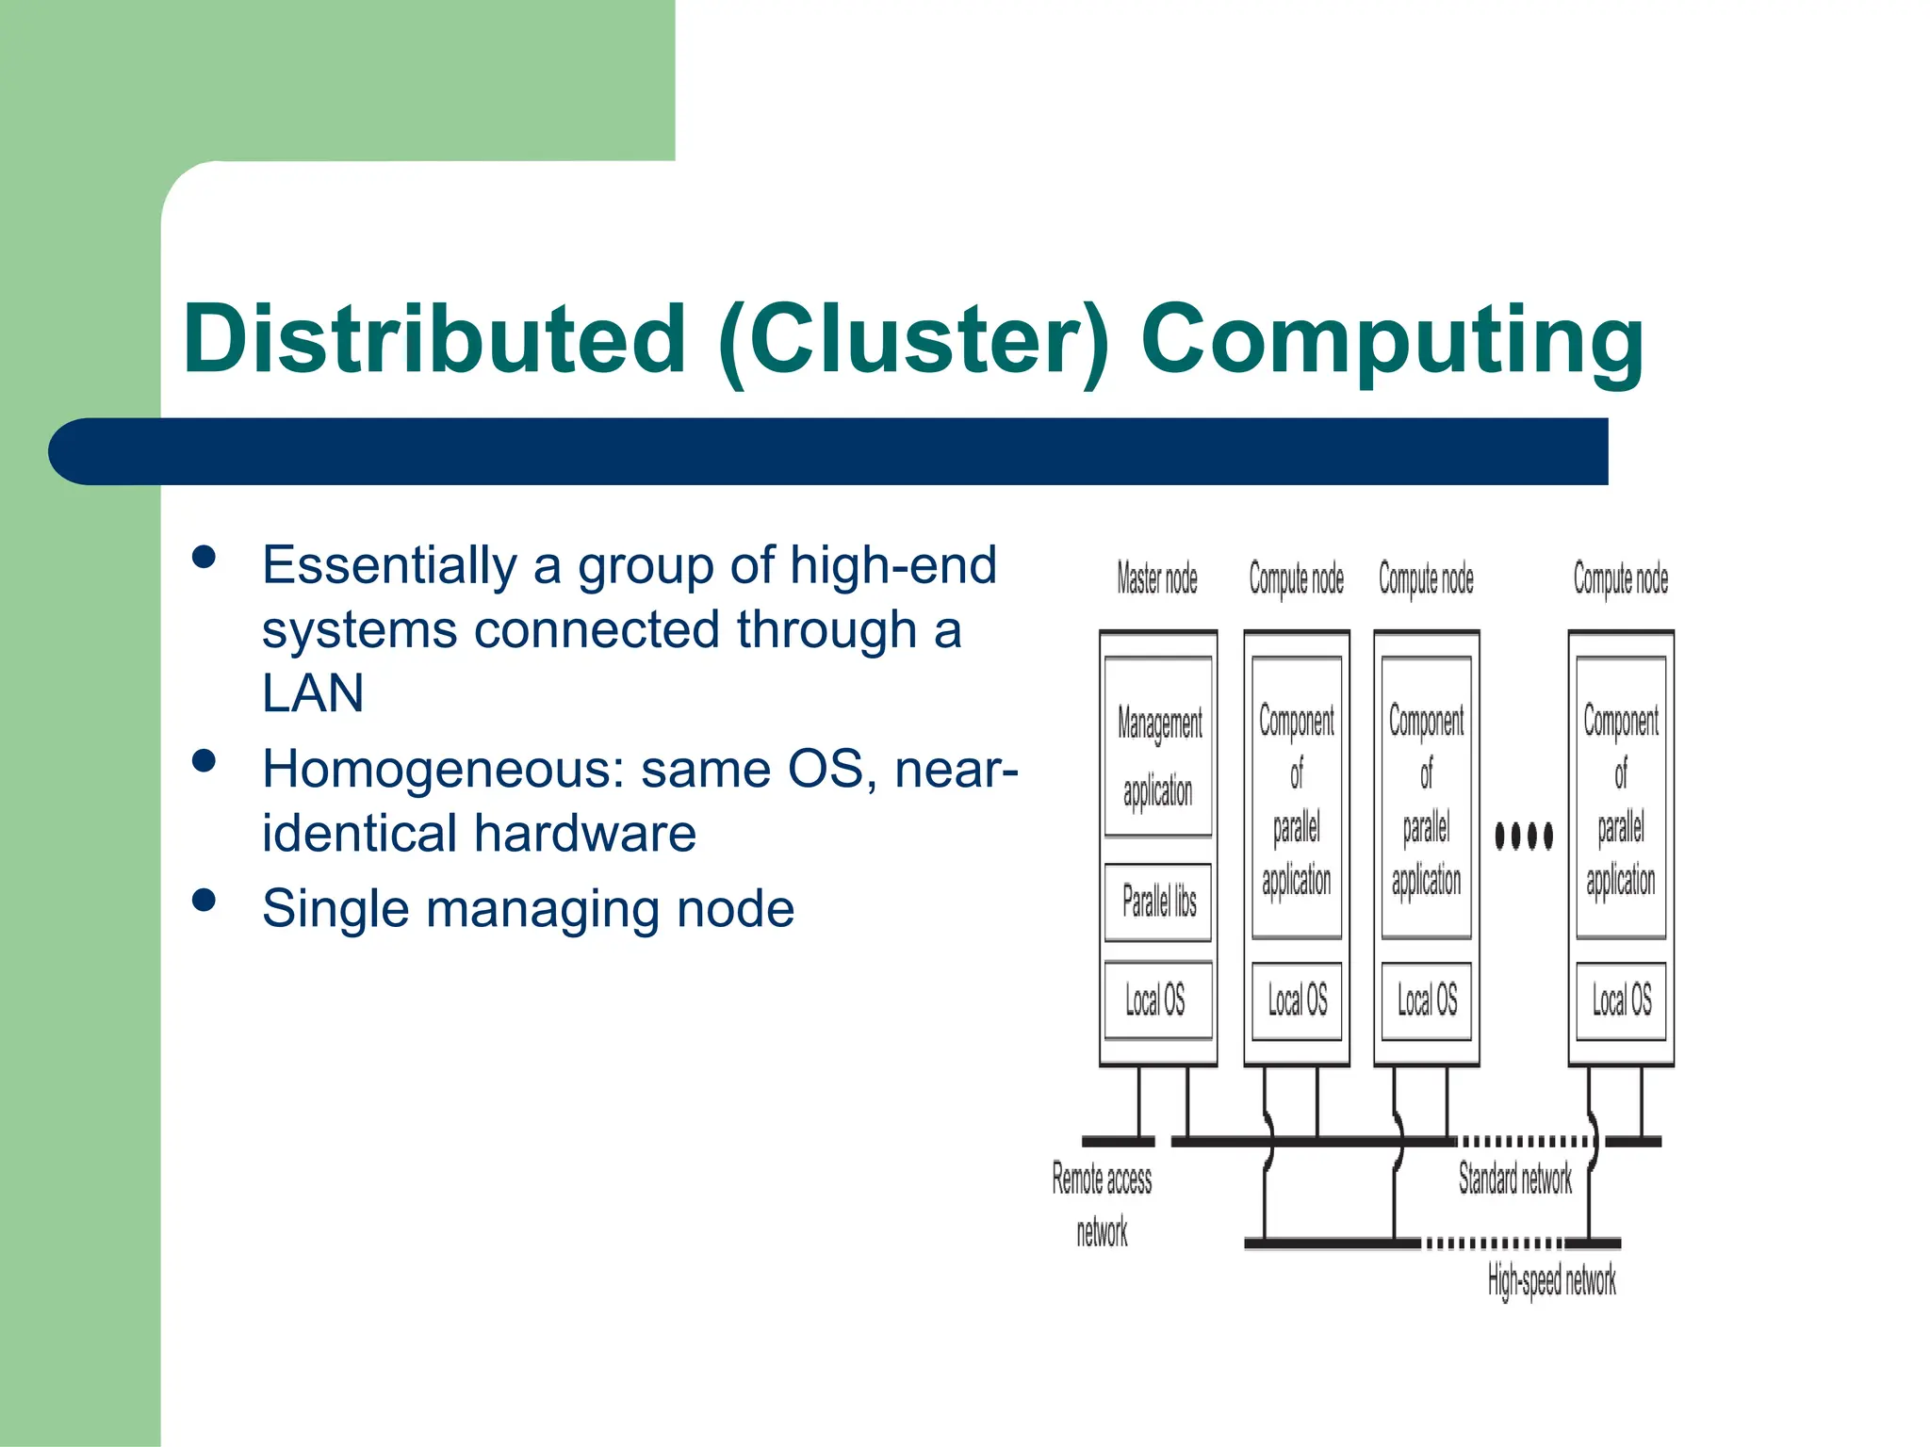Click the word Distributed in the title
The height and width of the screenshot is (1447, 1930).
pyautogui.click(x=434, y=339)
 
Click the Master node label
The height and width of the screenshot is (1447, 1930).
pyautogui.click(x=1157, y=578)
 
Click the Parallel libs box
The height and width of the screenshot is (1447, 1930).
pyautogui.click(x=1158, y=902)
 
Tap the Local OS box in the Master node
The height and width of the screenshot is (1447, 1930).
pyautogui.click(x=1156, y=1000)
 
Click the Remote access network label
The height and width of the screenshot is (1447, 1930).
pyautogui.click(x=1102, y=1204)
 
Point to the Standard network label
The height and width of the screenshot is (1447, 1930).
pyautogui.click(x=1514, y=1179)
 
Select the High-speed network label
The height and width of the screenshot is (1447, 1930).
pyautogui.click(x=1551, y=1280)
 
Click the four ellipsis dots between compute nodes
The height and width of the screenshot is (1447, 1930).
pyautogui.click(x=1524, y=836)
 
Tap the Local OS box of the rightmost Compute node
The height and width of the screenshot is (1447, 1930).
pyautogui.click(x=1621, y=1000)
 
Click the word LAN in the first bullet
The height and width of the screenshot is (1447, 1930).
pyautogui.click(x=313, y=693)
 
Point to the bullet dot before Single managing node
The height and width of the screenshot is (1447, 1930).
pyautogui.click(x=204, y=900)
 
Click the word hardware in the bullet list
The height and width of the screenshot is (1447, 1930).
pyautogui.click(x=584, y=834)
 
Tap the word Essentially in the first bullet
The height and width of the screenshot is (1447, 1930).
pyautogui.click(x=389, y=565)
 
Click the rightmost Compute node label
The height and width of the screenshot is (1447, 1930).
pyautogui.click(x=1621, y=578)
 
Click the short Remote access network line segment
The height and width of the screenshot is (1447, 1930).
pyautogui.click(x=1118, y=1142)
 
